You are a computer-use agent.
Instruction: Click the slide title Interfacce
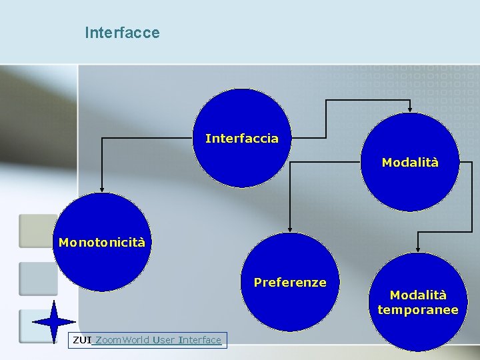coord(122,33)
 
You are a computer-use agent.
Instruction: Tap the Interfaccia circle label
coord(242,139)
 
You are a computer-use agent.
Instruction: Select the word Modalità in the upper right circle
coord(410,162)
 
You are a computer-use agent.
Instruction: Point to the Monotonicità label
coord(101,243)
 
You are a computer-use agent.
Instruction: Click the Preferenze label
coord(290,283)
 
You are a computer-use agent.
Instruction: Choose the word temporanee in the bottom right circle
coord(417,310)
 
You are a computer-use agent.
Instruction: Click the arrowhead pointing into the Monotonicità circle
coord(101,189)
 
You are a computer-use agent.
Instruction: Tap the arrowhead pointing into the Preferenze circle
coord(290,228)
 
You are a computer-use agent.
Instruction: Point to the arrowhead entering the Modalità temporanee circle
coord(417,248)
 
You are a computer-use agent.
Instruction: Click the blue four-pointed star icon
coord(54,322)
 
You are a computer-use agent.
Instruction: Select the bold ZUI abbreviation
coord(81,341)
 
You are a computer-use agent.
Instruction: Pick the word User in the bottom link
coord(163,341)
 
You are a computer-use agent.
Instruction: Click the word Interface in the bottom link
coord(199,341)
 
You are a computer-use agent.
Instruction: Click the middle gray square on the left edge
coord(38,278)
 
